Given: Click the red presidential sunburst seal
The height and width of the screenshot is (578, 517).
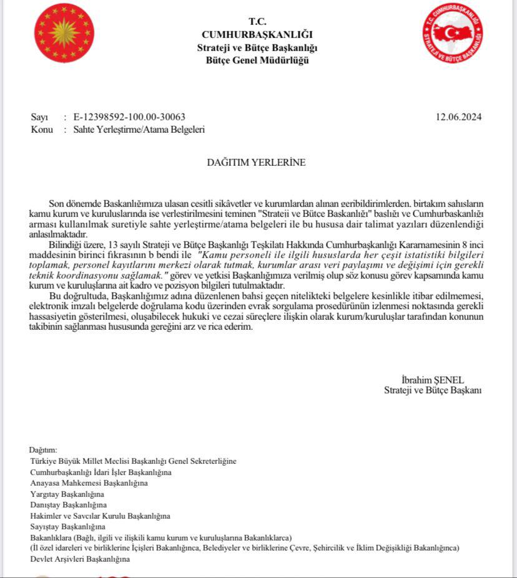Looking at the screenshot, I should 64,33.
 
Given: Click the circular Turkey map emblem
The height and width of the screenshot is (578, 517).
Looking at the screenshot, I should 452,33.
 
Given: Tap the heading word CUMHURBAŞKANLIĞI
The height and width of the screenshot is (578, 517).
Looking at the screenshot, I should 257,34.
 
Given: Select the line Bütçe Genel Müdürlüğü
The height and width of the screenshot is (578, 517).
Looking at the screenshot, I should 257,60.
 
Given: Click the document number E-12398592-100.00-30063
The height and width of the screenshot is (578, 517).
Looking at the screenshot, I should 129,117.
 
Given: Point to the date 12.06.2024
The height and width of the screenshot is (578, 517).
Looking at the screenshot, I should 459,117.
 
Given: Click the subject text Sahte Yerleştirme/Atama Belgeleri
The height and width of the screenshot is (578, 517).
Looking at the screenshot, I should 139,130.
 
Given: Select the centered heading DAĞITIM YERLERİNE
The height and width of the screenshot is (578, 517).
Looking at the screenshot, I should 257,163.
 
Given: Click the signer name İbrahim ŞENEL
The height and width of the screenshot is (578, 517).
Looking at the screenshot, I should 433,380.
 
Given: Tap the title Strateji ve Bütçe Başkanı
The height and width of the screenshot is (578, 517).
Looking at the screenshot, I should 433,390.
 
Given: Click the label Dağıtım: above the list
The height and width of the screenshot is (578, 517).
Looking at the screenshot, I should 43,450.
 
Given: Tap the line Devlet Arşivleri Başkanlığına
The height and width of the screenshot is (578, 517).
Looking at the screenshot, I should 80,559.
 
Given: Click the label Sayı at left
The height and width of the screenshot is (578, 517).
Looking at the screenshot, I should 39,117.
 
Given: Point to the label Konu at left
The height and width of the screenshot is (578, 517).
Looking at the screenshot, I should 41,130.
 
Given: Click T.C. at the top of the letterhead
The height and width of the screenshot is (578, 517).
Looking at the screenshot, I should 257,22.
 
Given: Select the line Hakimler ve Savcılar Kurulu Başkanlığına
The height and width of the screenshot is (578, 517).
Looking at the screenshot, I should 100,516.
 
